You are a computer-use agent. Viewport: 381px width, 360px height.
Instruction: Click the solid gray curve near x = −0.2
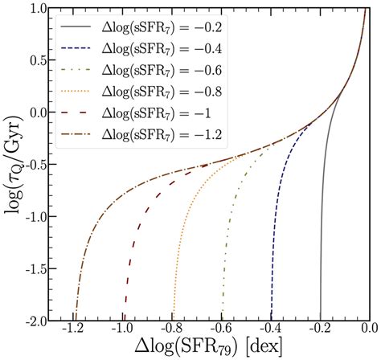point(322,241)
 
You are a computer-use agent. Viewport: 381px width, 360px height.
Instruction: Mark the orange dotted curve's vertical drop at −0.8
point(175,265)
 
